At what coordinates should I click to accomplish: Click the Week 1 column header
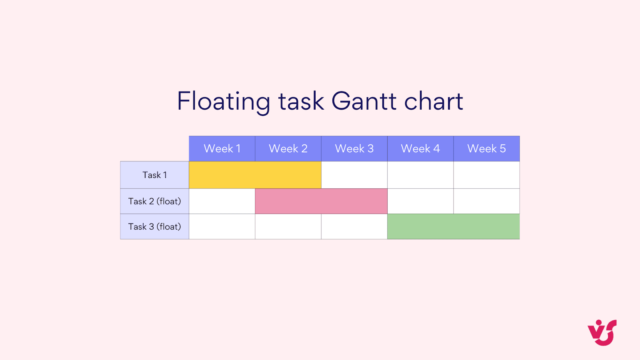(222, 148)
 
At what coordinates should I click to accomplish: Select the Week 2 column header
(288, 148)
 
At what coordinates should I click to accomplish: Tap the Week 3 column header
(354, 148)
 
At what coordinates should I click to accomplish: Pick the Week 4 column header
(420, 148)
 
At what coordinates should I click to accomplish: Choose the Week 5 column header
(486, 148)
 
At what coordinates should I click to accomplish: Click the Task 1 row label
(154, 175)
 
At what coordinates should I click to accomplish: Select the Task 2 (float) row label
(154, 201)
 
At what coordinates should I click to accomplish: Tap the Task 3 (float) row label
(154, 226)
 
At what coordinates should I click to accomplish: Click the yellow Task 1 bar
(255, 175)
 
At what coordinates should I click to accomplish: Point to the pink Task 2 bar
(321, 201)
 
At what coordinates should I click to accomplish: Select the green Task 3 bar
(453, 226)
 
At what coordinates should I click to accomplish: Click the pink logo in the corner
(602, 332)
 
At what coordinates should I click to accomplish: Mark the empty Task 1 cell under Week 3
(354, 175)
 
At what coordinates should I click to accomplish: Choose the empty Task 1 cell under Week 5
(486, 175)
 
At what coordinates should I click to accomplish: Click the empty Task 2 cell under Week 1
(222, 201)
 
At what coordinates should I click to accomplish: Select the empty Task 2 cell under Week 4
(420, 201)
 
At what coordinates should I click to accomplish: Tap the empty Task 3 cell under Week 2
(288, 226)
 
